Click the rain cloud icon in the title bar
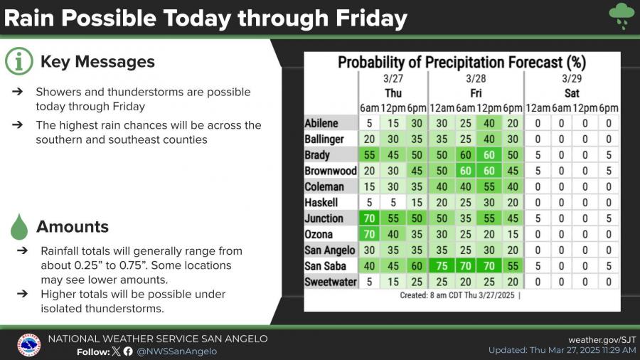(622, 14)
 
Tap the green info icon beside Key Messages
(18, 62)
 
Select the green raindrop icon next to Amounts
(18, 227)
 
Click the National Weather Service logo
(28, 344)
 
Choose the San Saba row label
(326, 266)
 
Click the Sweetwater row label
(330, 282)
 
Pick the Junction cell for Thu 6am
(369, 218)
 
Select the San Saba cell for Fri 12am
(442, 266)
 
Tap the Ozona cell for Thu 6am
(369, 234)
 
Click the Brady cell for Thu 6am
(369, 155)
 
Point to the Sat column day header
(572, 93)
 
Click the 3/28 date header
(476, 78)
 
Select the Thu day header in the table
(393, 93)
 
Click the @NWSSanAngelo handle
(177, 351)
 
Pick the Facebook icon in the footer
(128, 351)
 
